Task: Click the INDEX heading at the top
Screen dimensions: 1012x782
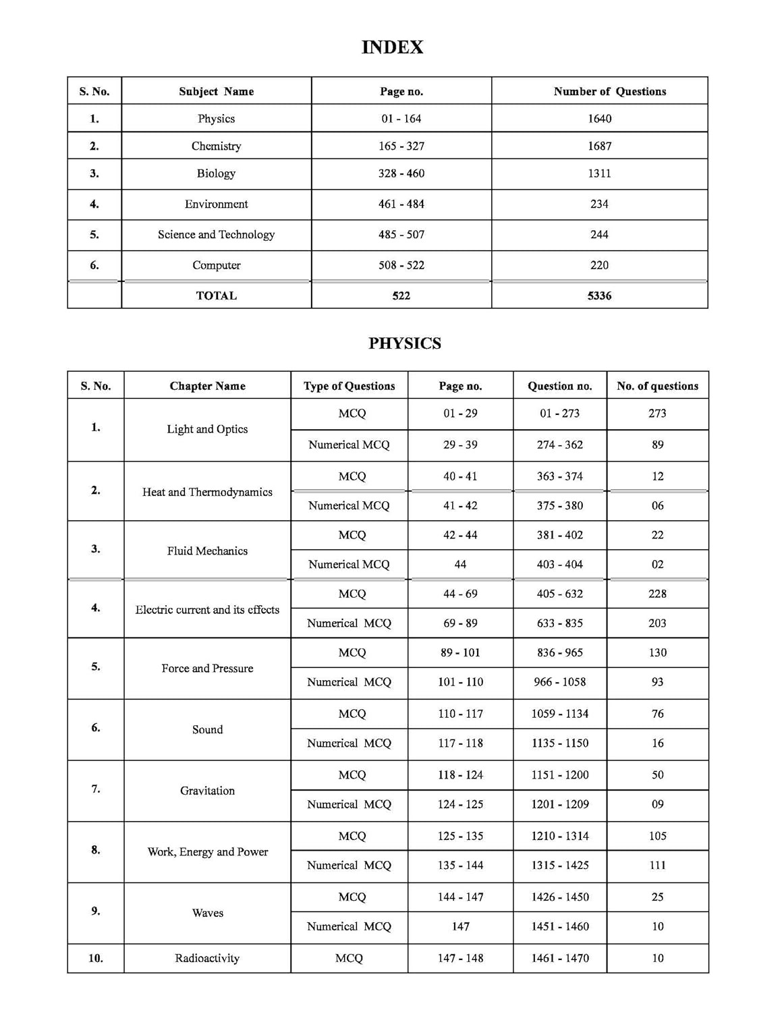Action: click(x=392, y=47)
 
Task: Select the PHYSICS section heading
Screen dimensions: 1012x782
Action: click(x=404, y=343)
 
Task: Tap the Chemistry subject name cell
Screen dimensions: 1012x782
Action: click(x=216, y=146)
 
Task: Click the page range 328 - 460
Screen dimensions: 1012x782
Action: click(x=401, y=173)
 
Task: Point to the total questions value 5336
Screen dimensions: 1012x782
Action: click(x=599, y=296)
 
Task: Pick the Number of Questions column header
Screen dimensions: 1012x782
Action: click(x=609, y=91)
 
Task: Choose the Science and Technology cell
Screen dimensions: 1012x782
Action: click(x=216, y=235)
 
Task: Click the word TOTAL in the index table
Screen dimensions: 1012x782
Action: click(x=216, y=296)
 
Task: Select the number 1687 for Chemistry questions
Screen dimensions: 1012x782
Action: click(x=599, y=146)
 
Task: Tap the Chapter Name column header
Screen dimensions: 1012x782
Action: click(x=207, y=386)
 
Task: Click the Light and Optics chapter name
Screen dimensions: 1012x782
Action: click(x=207, y=429)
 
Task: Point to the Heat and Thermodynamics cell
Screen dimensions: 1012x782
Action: click(x=207, y=492)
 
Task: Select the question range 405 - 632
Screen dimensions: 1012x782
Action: click(x=559, y=594)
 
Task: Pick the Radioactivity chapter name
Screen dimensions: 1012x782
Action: click(x=207, y=958)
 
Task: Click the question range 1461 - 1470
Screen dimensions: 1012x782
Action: click(x=559, y=958)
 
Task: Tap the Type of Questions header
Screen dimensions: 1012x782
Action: click(x=349, y=386)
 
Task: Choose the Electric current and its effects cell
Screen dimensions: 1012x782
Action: click(x=207, y=610)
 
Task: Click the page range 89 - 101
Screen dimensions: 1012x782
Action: click(x=460, y=652)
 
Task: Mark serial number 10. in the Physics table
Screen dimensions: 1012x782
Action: click(x=96, y=958)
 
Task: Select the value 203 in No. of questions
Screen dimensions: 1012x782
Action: click(x=657, y=623)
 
